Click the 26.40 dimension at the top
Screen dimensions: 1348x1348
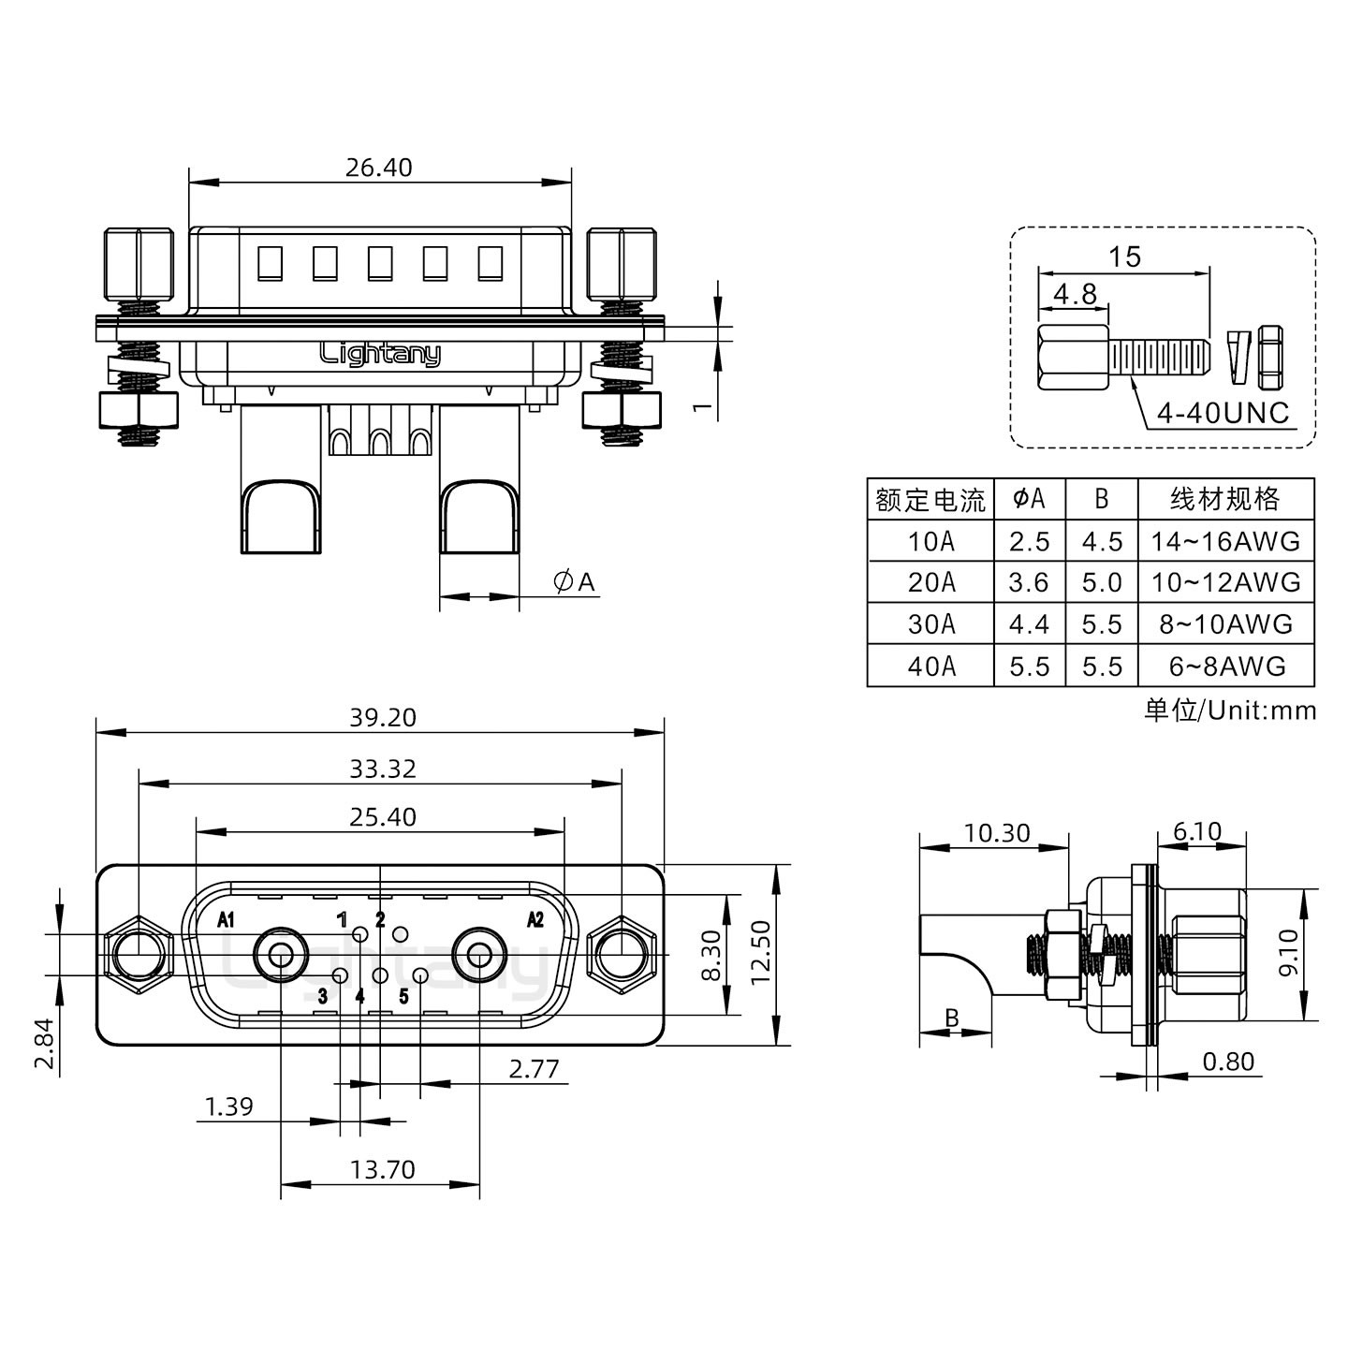click(x=378, y=168)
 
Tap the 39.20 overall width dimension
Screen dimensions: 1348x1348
click(x=382, y=717)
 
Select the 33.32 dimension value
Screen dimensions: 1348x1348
click(x=382, y=769)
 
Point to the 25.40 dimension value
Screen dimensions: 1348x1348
click(x=382, y=817)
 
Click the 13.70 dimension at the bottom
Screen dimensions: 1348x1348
click(x=382, y=1169)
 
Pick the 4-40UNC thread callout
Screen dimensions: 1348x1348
click(x=1223, y=413)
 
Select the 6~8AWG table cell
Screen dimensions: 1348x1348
click(x=1225, y=666)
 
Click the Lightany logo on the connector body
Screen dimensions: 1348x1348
click(x=380, y=354)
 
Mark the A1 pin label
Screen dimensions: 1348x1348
click(x=226, y=919)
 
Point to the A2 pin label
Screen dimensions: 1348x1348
click(x=535, y=919)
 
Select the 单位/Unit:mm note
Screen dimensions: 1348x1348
click(x=1229, y=711)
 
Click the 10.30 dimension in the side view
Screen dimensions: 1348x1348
click(x=996, y=832)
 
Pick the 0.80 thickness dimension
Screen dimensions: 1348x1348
click(x=1227, y=1062)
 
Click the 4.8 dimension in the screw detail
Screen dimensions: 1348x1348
click(x=1074, y=294)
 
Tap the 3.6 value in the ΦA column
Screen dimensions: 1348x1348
click(x=1028, y=582)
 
